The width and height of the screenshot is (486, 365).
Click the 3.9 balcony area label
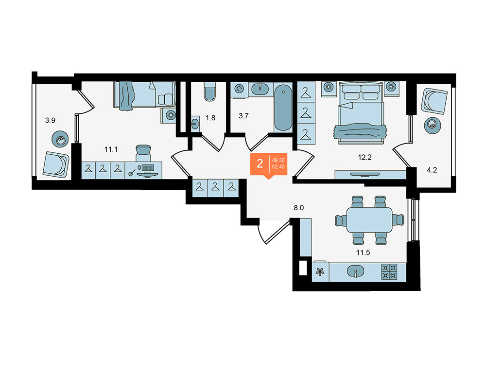pyautogui.click(x=50, y=120)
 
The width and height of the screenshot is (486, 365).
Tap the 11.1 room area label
pyautogui.click(x=111, y=149)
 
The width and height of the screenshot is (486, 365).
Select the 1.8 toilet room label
pyautogui.click(x=210, y=118)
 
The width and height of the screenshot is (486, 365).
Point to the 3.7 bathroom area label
pyautogui.click(x=243, y=116)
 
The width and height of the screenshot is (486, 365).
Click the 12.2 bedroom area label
pyautogui.click(x=364, y=157)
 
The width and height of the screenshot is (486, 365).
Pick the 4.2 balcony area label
pyautogui.click(x=432, y=170)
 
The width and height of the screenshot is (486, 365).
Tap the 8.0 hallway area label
pyautogui.click(x=299, y=208)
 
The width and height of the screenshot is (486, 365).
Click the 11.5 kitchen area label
pyautogui.click(x=363, y=253)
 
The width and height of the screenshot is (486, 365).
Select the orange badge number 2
pyautogui.click(x=260, y=163)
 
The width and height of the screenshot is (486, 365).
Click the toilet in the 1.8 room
pyautogui.click(x=210, y=91)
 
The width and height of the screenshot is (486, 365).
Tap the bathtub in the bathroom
pyautogui.click(x=283, y=107)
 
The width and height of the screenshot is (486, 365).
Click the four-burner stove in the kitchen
pyautogui.click(x=389, y=272)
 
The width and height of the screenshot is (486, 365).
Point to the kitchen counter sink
pyautogui.click(x=356, y=271)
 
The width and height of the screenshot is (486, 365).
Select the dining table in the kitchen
pyautogui.click(x=369, y=220)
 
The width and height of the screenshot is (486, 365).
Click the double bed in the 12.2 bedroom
pyautogui.click(x=361, y=113)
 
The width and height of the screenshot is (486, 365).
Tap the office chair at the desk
pyautogui.click(x=143, y=153)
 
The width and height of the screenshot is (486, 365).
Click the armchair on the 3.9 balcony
pyautogui.click(x=56, y=164)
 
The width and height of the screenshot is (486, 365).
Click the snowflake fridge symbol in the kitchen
pyautogui.click(x=320, y=272)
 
